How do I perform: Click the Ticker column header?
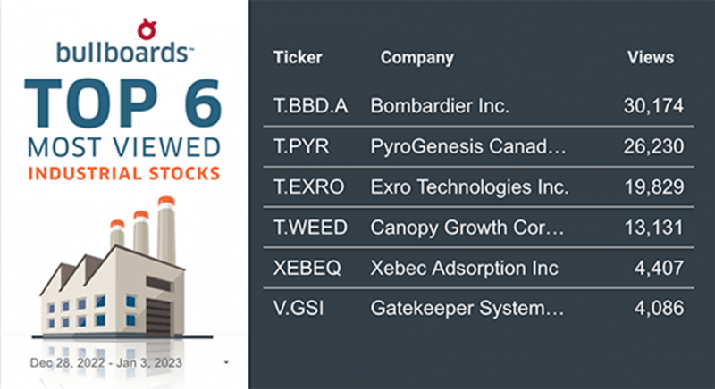298,58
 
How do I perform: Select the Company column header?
417,58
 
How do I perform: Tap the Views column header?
651,58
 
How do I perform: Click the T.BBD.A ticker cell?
310,106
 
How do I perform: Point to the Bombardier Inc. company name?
440,106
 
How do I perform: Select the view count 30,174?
654,106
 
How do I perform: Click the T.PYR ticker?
301,146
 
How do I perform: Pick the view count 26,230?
654,146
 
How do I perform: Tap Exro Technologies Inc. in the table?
469,187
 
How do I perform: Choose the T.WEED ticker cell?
310,228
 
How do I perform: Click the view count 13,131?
654,228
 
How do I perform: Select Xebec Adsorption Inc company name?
464,268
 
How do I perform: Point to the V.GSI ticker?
299,309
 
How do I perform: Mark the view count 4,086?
659,309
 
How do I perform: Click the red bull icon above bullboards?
147,29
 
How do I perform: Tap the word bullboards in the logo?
122,52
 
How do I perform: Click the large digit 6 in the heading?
203,103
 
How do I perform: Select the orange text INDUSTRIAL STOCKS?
123,174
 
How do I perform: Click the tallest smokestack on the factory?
166,230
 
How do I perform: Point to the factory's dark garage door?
158,317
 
